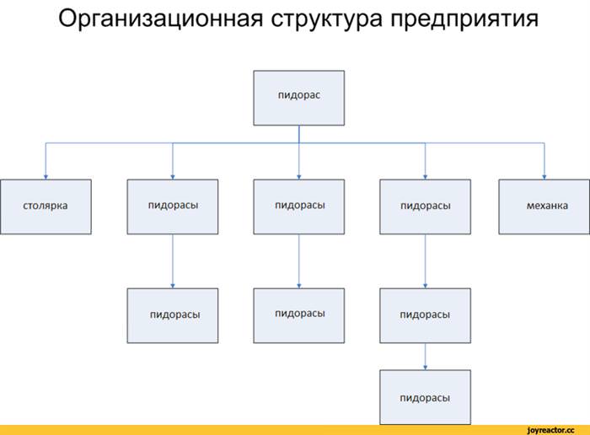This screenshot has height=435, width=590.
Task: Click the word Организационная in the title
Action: click(161, 19)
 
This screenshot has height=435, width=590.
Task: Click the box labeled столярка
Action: click(46, 207)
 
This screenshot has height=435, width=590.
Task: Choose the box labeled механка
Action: click(544, 207)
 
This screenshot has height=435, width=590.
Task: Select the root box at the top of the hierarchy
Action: click(298, 98)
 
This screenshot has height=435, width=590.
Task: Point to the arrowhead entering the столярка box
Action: click(46, 177)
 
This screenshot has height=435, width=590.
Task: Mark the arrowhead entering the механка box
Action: click(544, 177)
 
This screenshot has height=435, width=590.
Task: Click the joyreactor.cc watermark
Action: click(551, 430)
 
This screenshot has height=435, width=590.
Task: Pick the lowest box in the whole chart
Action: click(425, 397)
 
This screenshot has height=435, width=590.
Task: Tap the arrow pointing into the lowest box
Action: click(425, 357)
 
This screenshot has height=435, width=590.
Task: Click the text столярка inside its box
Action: click(46, 206)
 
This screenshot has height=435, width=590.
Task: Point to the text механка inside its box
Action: click(547, 206)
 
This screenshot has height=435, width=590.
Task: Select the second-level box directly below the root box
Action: click(298, 207)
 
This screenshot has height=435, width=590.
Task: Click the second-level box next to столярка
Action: click(172, 207)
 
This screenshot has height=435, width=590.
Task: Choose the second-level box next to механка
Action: click(425, 207)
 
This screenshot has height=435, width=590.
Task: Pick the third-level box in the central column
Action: click(298, 316)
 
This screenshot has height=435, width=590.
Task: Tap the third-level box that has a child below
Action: click(425, 316)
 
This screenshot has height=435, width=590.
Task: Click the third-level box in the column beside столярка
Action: click(172, 316)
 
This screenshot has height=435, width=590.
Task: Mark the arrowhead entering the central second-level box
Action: click(298, 177)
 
